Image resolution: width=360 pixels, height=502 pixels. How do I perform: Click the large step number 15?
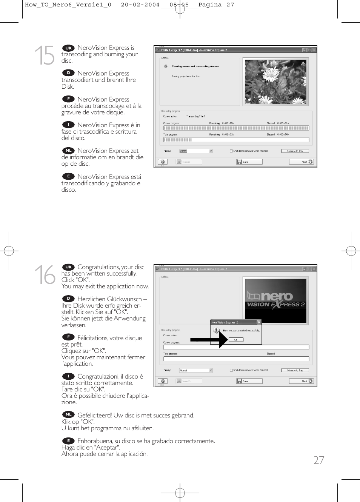click(x=45, y=55)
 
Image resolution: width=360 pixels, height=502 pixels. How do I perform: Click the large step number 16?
click(x=45, y=274)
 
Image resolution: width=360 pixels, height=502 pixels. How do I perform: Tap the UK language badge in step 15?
click(x=68, y=48)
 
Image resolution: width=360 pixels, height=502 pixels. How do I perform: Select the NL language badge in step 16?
click(x=68, y=414)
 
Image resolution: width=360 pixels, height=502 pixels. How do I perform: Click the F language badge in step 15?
click(x=68, y=99)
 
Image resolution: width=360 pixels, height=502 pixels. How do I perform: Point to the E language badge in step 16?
click(x=68, y=440)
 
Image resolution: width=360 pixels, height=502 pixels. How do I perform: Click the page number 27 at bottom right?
click(x=318, y=460)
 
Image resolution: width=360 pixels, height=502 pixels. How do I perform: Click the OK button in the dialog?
click(x=236, y=340)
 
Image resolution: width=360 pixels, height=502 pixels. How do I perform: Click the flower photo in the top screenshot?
click(x=275, y=82)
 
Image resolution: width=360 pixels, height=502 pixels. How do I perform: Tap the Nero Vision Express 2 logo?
click(x=275, y=300)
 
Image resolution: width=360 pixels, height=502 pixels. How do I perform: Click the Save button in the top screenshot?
click(x=249, y=162)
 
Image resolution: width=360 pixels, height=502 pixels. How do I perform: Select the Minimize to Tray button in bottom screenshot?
click(x=295, y=370)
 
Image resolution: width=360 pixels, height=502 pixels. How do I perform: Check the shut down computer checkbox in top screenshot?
click(x=231, y=151)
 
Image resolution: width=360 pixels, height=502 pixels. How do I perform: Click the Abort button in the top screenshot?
click(x=301, y=162)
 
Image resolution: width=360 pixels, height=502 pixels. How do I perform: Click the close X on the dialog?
click(x=259, y=322)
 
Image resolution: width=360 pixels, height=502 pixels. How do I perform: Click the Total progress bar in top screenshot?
click(x=236, y=140)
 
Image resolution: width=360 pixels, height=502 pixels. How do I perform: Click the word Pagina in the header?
click(x=210, y=5)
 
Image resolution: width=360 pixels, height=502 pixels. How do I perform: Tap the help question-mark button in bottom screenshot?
click(x=162, y=381)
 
